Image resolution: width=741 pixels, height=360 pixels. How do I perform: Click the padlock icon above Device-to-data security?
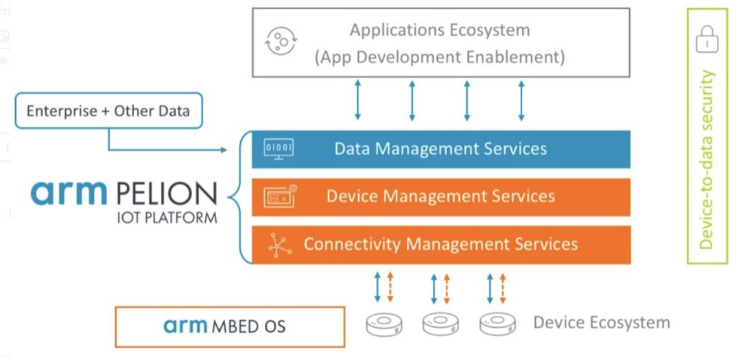(707, 40)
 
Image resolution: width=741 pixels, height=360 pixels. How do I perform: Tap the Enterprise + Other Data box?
(108, 110)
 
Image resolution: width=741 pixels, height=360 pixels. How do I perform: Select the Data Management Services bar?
(440, 149)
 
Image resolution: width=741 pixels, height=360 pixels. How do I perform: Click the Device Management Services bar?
(440, 197)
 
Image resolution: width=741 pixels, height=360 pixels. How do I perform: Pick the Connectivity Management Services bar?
(440, 244)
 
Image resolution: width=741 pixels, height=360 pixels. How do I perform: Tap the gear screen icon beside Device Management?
(280, 197)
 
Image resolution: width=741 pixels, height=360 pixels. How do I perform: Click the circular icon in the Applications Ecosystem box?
(281, 42)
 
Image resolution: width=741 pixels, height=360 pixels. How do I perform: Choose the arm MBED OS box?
(229, 326)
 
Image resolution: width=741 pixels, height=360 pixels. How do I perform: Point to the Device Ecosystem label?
(601, 322)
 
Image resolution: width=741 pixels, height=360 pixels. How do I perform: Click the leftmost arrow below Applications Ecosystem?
(357, 100)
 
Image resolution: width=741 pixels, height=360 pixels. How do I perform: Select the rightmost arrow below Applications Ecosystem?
(521, 100)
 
